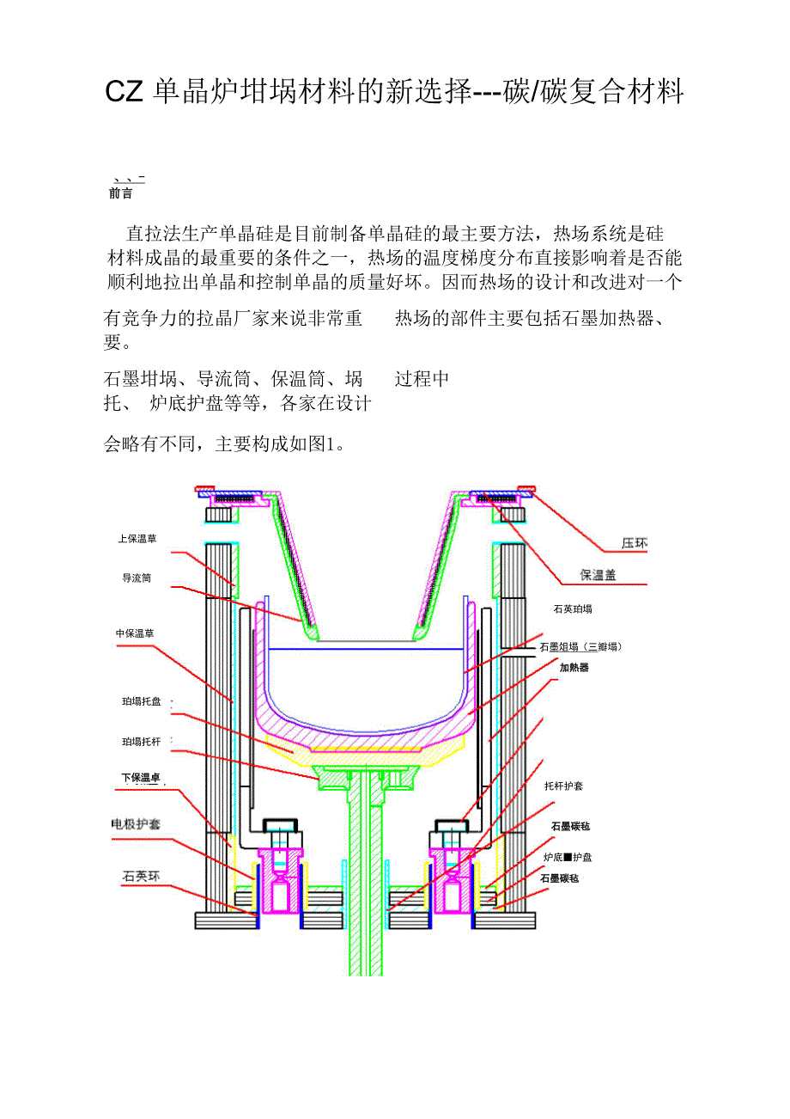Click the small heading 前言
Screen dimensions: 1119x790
(x=121, y=194)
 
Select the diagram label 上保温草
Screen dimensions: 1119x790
(x=137, y=539)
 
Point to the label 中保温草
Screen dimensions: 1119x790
(x=135, y=633)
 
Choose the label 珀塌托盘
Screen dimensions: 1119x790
(x=142, y=702)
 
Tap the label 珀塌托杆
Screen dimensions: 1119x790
(x=142, y=741)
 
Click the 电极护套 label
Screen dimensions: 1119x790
(x=137, y=824)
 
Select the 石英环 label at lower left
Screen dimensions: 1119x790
(x=141, y=877)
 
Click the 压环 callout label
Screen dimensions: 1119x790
(x=634, y=543)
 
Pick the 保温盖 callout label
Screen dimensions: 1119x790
(x=598, y=575)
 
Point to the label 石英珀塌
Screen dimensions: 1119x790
(x=573, y=608)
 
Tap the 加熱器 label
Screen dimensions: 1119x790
(x=574, y=667)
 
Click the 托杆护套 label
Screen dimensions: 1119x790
(x=564, y=786)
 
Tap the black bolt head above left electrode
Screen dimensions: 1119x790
(x=281, y=830)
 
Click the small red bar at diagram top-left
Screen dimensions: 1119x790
(x=204, y=489)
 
